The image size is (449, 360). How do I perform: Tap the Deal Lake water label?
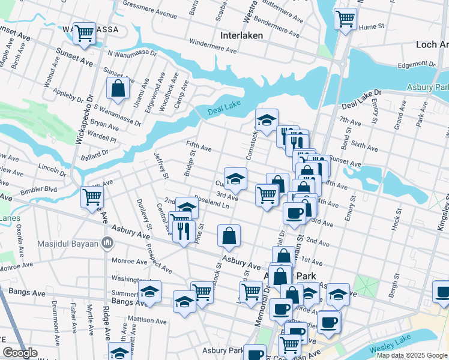click(x=223, y=111)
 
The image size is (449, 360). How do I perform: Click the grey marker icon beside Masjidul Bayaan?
click(x=108, y=242)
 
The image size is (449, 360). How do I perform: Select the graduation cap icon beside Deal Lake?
click(x=266, y=119)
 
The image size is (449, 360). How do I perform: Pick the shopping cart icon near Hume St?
click(x=345, y=19)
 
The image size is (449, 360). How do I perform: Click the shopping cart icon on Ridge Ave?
click(x=92, y=196)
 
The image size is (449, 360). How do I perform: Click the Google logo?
click(x=20, y=353)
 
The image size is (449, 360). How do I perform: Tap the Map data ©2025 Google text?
click(x=411, y=355)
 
